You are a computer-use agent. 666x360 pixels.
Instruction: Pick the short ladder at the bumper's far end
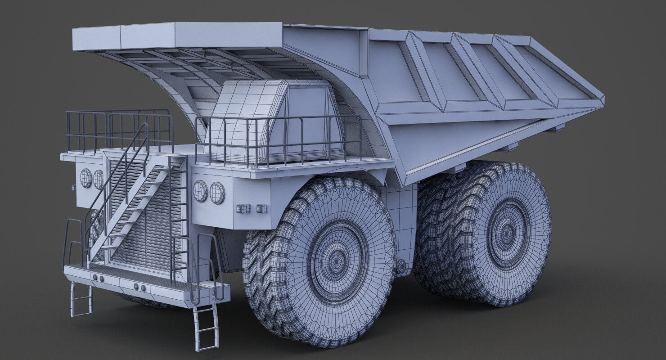click(x=81, y=299)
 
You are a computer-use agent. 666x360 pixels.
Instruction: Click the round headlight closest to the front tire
click(x=217, y=193)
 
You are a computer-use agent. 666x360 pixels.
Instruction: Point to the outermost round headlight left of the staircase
click(x=85, y=178)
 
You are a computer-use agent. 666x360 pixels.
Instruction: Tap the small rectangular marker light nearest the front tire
click(x=261, y=208)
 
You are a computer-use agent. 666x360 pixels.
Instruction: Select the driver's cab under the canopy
click(x=274, y=121)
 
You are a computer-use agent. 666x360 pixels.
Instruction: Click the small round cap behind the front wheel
click(x=400, y=266)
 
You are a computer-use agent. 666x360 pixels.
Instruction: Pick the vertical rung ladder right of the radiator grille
click(x=180, y=216)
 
